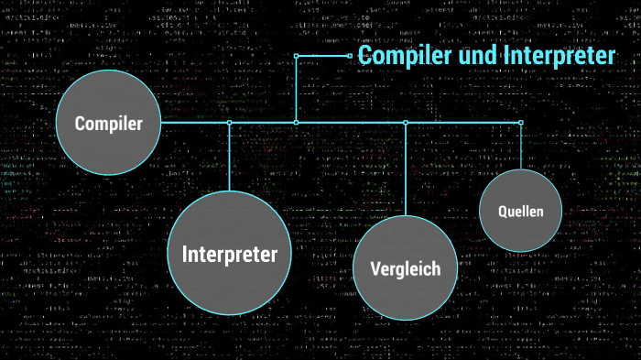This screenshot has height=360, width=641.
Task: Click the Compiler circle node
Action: [108, 123]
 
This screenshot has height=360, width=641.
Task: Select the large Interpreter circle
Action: [229, 253]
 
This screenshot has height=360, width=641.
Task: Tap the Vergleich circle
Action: [405, 267]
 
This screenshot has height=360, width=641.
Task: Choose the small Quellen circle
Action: [520, 211]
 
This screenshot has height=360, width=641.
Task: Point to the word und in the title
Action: [478, 56]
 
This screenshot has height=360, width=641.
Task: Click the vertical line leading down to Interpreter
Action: [229, 156]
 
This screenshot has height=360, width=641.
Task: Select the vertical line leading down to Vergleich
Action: [406, 169]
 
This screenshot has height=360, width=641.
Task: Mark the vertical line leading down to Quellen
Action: [521, 147]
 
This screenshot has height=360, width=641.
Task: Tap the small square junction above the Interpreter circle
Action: [229, 122]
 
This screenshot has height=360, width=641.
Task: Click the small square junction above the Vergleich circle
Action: [406, 122]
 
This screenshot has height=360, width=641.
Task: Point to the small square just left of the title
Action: [350, 56]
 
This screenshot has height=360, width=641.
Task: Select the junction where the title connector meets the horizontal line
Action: [296, 122]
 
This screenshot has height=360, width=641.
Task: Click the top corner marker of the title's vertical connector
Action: [296, 56]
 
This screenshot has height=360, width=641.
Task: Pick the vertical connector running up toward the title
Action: [296, 89]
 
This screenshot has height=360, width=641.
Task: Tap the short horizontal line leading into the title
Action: [322, 56]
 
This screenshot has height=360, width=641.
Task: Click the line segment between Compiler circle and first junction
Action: [194, 122]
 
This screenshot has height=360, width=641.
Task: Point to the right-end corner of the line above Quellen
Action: [521, 122]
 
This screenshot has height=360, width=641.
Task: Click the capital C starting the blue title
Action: [364, 56]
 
